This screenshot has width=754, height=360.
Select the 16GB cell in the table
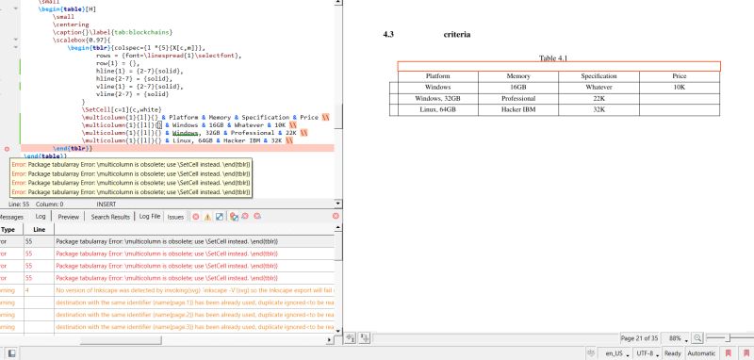point(517,87)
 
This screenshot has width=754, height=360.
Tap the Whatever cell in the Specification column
point(598,87)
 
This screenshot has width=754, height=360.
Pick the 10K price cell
point(680,87)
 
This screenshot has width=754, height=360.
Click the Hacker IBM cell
point(517,109)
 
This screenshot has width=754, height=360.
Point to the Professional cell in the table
point(517,98)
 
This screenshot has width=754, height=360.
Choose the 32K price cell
point(598,109)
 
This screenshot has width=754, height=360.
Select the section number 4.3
point(388,35)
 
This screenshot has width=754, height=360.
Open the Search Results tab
point(110,217)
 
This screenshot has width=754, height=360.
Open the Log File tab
point(149,217)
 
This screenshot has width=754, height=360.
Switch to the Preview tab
point(69,217)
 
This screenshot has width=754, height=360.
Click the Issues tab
point(176,217)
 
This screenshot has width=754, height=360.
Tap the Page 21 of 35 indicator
point(640,337)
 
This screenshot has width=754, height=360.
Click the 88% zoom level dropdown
point(677,337)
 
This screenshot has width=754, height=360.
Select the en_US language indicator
point(617,352)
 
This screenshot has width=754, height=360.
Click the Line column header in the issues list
point(39,229)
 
